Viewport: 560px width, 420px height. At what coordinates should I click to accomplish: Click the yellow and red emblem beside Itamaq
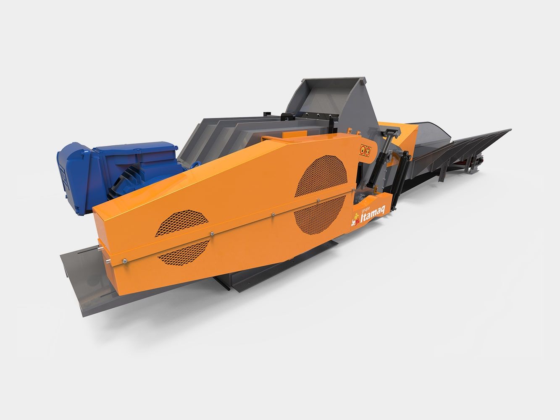[355, 220]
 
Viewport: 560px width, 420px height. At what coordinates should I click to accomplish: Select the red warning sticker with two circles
[365, 150]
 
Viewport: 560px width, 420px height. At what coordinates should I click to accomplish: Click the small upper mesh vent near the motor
[181, 223]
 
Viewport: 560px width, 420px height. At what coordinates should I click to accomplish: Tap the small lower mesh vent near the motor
[184, 253]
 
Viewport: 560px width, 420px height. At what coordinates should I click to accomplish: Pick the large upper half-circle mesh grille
[321, 176]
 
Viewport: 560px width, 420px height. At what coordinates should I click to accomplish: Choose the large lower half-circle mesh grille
[320, 215]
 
